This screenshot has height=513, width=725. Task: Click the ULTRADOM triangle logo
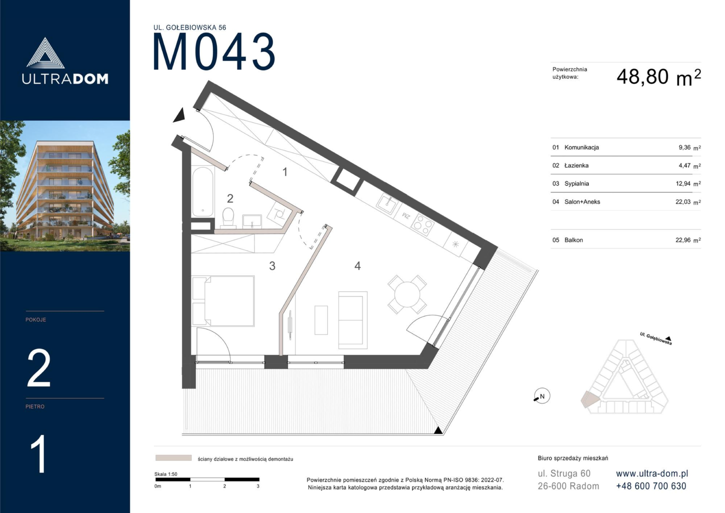45,53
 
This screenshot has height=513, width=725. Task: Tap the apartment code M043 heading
214,52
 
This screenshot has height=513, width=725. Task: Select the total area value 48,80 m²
659,77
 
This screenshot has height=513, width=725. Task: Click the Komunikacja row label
582,147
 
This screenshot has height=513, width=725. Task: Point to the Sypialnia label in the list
577,184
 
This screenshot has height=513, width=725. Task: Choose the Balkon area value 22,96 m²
688,240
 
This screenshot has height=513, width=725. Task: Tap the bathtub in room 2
203,191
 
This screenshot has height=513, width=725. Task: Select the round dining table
407,294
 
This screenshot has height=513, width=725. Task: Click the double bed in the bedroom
223,301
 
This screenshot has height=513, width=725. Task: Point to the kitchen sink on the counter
386,204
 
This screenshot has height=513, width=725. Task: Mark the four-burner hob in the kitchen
423,225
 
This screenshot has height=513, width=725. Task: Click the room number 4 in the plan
358,266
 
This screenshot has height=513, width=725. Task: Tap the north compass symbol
542,396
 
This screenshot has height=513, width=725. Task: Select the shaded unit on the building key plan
589,399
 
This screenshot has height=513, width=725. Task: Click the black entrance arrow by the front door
179,115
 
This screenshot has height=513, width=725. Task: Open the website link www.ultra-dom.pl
652,474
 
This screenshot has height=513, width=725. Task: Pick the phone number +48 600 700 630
651,486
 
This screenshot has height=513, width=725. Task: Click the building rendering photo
65,186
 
